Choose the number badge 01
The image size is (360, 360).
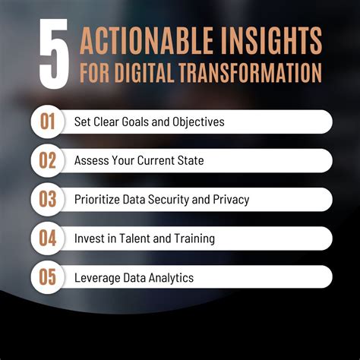pyautogui.click(x=48, y=122)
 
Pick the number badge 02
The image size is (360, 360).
pyautogui.click(x=48, y=160)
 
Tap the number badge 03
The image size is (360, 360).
pyautogui.click(x=48, y=199)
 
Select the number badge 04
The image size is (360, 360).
pyautogui.click(x=48, y=238)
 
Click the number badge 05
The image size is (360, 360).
pyautogui.click(x=48, y=277)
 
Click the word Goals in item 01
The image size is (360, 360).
pyautogui.click(x=142, y=122)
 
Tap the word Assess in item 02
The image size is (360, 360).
pyautogui.click(x=92, y=161)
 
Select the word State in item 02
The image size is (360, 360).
pyautogui.click(x=189, y=161)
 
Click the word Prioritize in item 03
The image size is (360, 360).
pyautogui.click(x=99, y=200)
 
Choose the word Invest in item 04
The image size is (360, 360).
pyautogui.click(x=89, y=238)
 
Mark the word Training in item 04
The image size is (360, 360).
pyautogui.click(x=192, y=238)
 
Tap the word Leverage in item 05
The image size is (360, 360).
pyautogui.click(x=98, y=278)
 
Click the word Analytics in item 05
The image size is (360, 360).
pyautogui.click(x=169, y=278)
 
